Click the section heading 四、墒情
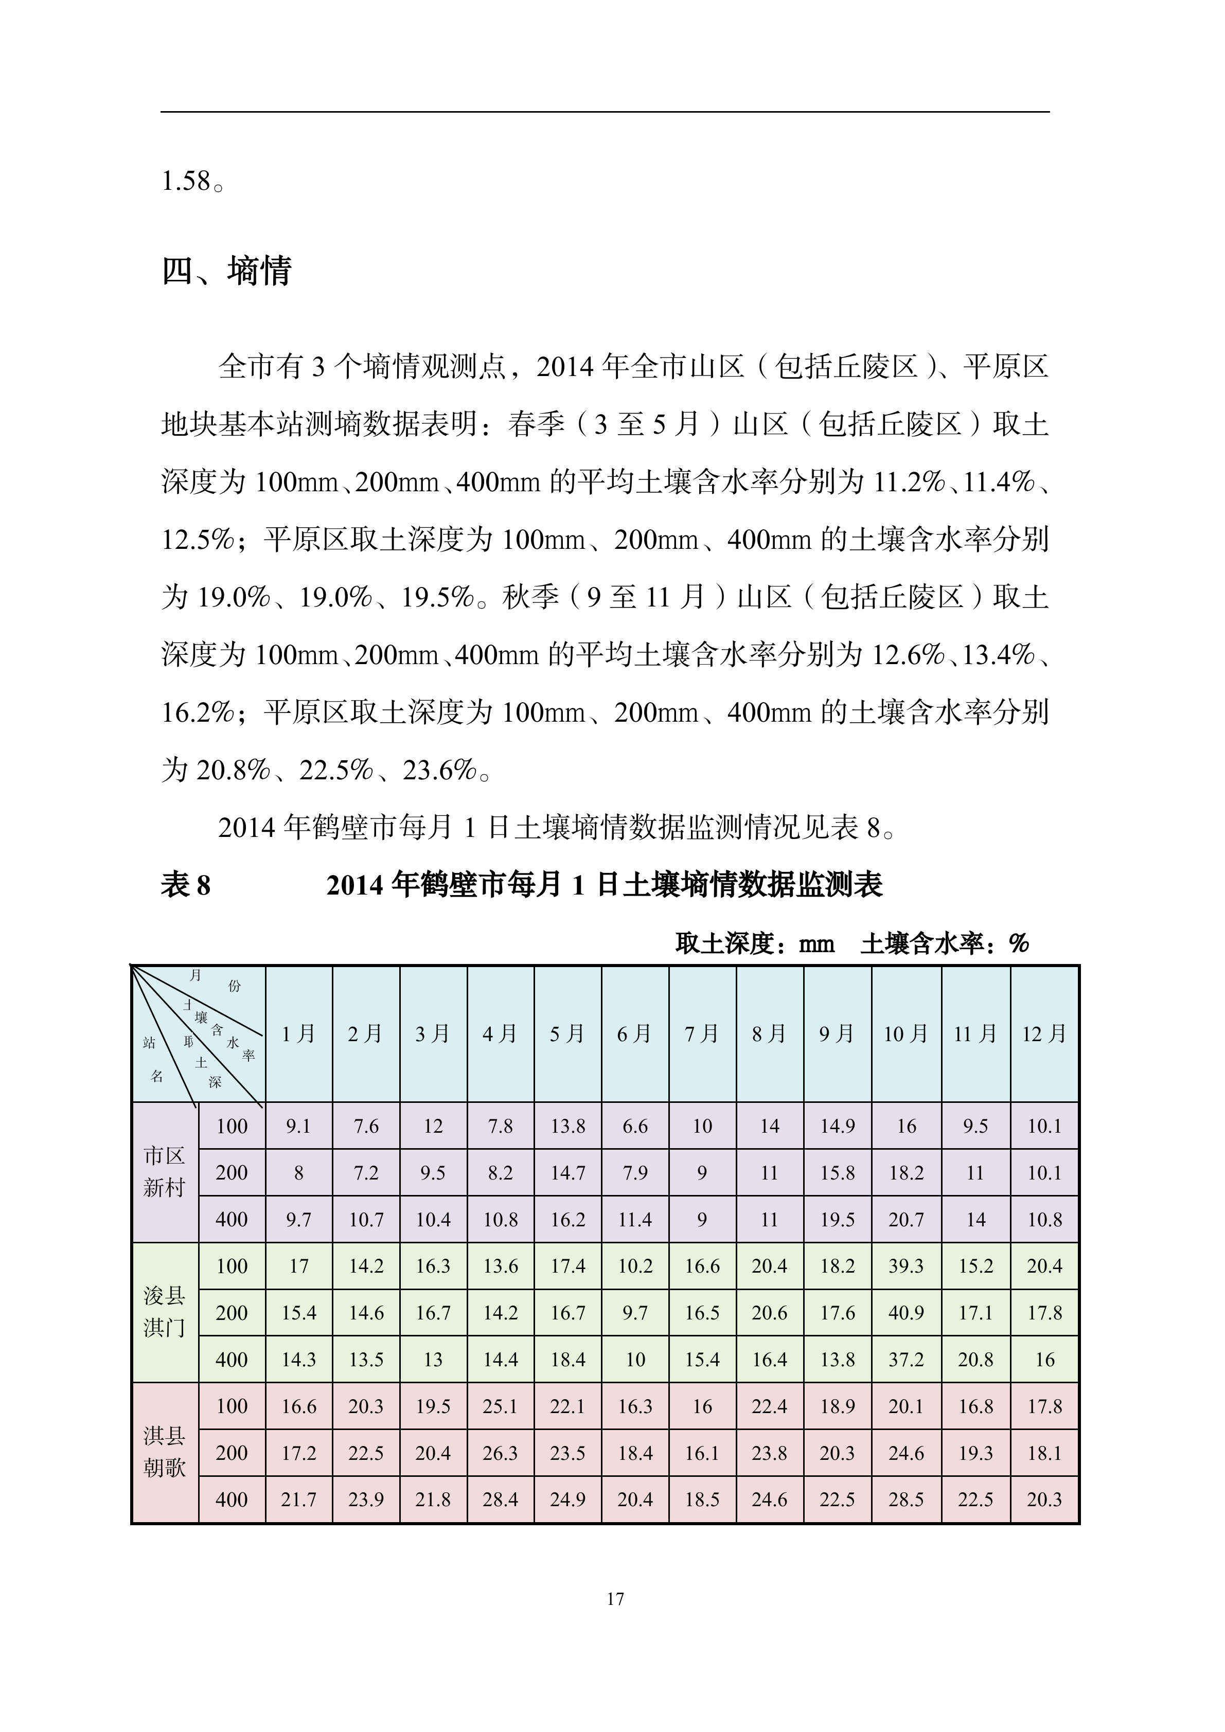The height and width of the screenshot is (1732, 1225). point(226,271)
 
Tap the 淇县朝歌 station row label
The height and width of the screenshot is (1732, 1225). point(165,1452)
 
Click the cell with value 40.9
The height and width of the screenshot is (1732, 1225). point(906,1313)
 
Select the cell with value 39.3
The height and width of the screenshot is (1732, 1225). point(906,1266)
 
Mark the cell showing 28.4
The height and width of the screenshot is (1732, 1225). point(500,1499)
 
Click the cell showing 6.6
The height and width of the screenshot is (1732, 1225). point(635,1126)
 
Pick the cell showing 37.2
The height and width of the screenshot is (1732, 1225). point(906,1360)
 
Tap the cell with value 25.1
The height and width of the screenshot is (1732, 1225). point(500,1406)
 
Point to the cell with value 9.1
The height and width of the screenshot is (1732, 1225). point(299,1126)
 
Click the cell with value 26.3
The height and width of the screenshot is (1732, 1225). point(500,1453)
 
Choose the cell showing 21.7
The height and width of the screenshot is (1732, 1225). point(299,1499)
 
